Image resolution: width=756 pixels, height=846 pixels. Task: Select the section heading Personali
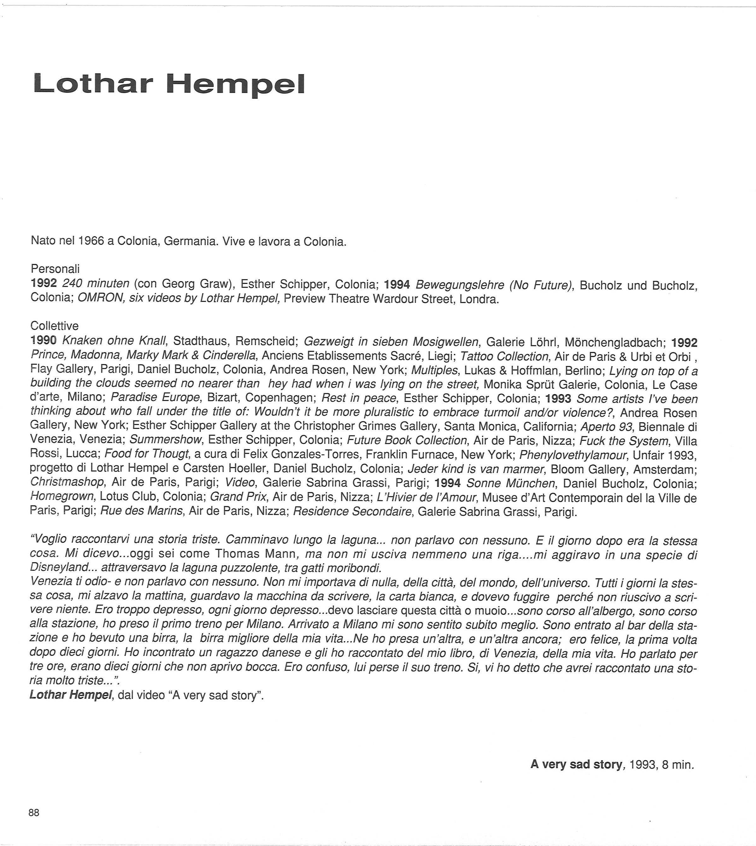pyautogui.click(x=55, y=269)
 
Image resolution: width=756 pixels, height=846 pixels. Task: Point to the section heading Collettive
pyautogui.click(x=55, y=326)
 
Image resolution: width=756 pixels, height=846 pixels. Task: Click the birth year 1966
pyautogui.click(x=91, y=241)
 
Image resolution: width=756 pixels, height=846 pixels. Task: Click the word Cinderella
pyautogui.click(x=229, y=356)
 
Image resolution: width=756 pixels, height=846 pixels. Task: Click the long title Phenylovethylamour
pyautogui.click(x=573, y=455)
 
